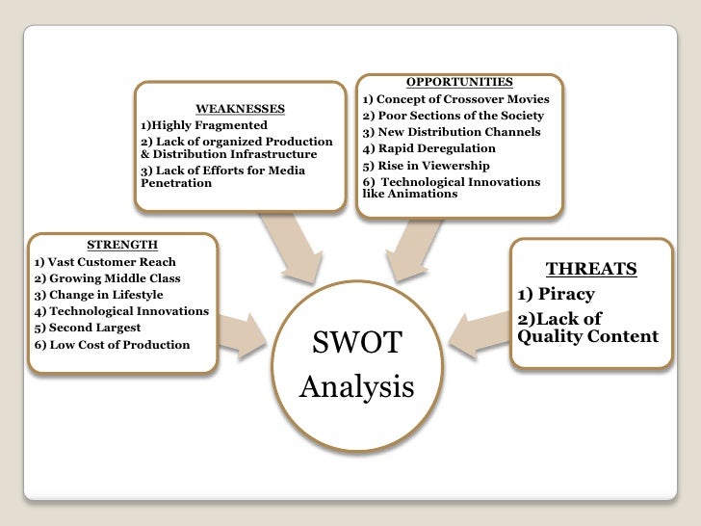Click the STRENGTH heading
click(x=122, y=245)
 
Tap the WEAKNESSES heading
click(x=240, y=108)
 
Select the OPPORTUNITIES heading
click(x=458, y=82)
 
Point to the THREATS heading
click(x=591, y=270)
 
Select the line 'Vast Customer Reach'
click(x=105, y=262)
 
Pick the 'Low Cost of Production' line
click(x=112, y=344)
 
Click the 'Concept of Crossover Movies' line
click(x=455, y=99)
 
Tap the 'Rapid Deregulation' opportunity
click(x=429, y=148)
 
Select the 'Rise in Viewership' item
click(x=426, y=166)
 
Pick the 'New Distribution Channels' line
click(x=452, y=132)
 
